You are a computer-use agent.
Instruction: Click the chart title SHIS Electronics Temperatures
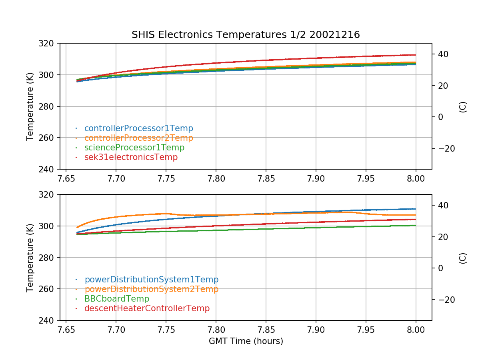point(246,35)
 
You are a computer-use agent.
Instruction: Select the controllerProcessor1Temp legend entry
point(138,128)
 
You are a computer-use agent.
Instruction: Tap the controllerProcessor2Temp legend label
point(138,138)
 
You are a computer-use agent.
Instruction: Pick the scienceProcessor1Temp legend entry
point(134,148)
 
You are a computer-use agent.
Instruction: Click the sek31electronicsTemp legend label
point(131,157)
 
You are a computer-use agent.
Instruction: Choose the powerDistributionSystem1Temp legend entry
point(151,280)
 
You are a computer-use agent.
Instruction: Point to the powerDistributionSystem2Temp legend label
point(151,289)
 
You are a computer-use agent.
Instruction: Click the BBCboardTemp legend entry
point(116,299)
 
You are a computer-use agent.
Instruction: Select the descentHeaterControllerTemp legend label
point(147,308)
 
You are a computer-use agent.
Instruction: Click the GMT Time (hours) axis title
point(246,341)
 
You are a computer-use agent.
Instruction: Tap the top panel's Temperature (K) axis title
point(30,106)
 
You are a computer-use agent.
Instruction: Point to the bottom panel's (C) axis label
point(463,258)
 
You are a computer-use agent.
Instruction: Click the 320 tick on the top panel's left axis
point(50,43)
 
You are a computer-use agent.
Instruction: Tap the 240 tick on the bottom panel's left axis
point(50,320)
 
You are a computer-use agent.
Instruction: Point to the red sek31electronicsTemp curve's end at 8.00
point(416,55)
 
